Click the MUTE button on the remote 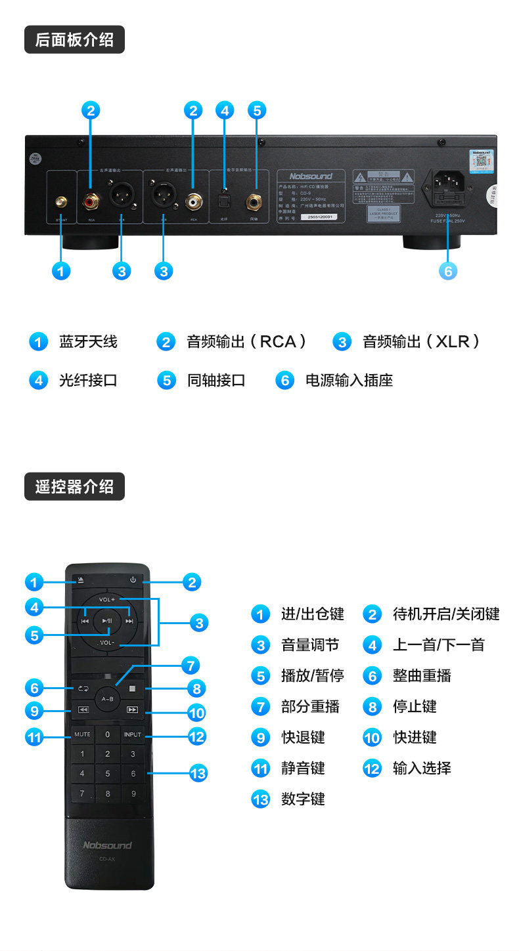82,734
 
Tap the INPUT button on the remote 132,734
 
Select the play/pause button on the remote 107,620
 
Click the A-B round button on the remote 107,699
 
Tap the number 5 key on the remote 107,774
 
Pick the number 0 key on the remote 107,734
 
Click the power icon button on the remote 133,580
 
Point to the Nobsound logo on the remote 107,845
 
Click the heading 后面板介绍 74,39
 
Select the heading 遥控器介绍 74,486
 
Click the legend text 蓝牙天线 88,342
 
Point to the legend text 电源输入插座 349,381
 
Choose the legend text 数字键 303,799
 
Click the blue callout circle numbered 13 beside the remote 197,773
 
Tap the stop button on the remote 132,689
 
